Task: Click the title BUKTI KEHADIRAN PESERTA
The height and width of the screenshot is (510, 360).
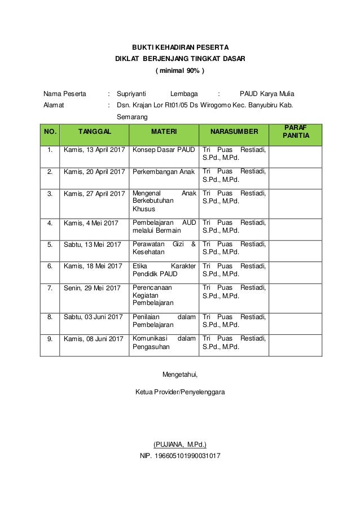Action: [180, 47]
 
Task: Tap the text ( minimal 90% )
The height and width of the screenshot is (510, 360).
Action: [180, 72]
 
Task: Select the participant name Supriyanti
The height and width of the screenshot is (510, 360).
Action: [131, 94]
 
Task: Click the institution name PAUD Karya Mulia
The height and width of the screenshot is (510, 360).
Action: [266, 94]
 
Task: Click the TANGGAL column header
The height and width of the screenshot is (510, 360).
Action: [94, 132]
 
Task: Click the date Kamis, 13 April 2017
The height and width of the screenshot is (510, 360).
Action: [94, 150]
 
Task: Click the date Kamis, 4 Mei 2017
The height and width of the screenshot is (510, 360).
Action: [91, 223]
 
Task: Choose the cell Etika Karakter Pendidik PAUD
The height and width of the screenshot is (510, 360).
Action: [164, 269]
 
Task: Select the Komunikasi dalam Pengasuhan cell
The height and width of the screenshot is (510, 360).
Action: [164, 343]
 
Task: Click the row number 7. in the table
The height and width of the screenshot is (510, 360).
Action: [50, 288]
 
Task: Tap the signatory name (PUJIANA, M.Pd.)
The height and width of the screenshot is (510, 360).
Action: [180, 444]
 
